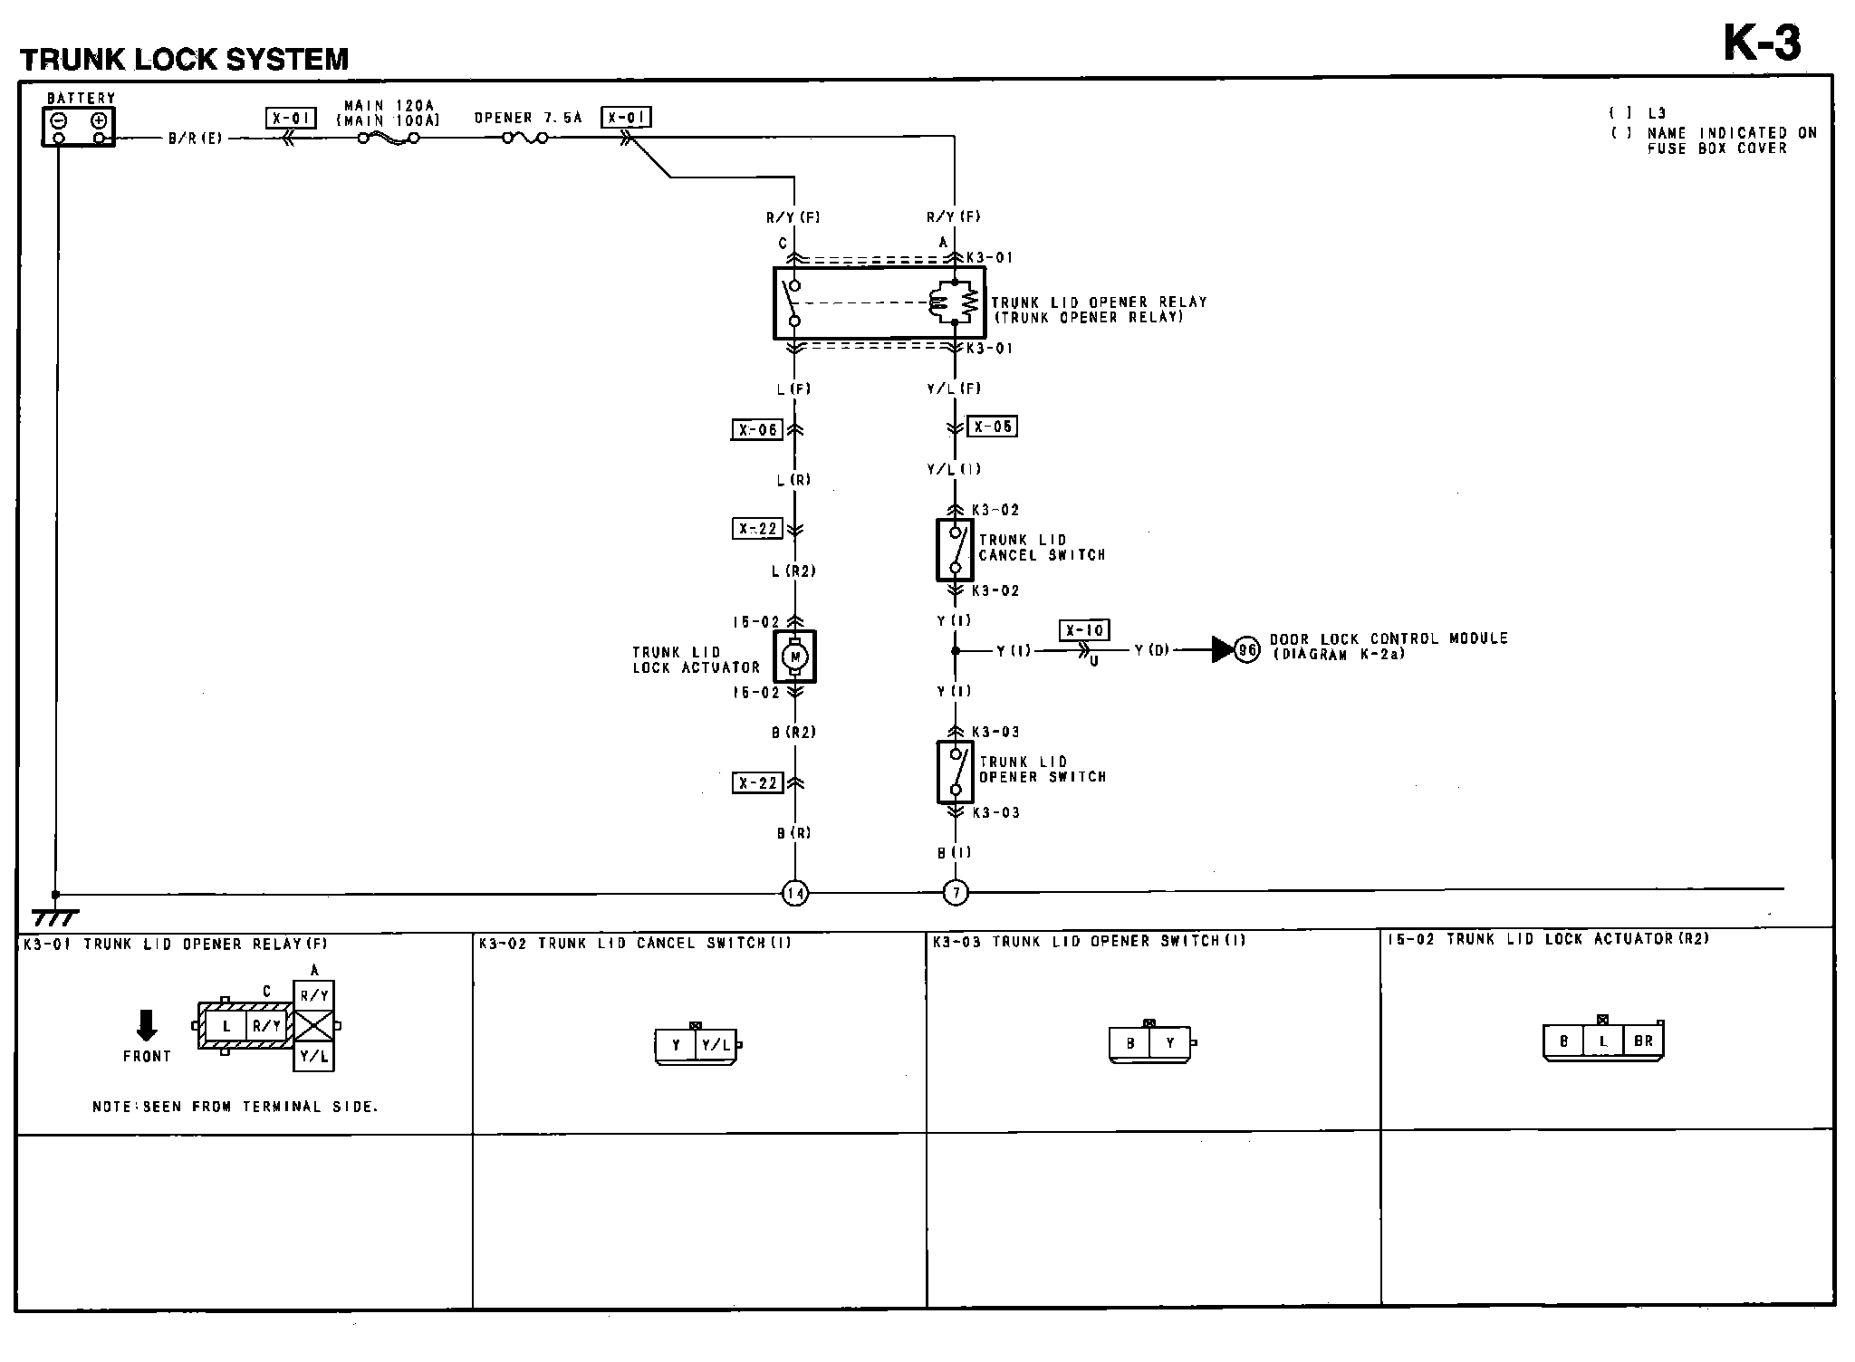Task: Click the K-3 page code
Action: tap(1761, 43)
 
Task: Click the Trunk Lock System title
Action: tap(184, 60)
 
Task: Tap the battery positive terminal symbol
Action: tap(100, 120)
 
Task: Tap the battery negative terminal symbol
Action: tap(58, 120)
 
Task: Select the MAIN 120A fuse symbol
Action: tap(389, 139)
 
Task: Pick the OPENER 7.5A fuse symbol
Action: tap(524, 139)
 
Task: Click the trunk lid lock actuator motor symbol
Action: tap(795, 657)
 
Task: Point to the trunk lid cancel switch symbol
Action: tap(955, 550)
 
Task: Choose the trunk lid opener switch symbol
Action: tap(955, 772)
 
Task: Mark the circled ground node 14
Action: tap(795, 894)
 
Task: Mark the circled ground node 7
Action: tap(956, 894)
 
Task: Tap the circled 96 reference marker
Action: tap(1247, 649)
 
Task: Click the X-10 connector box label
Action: tap(1084, 631)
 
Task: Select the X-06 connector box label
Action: tap(756, 429)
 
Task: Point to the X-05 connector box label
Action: tap(992, 426)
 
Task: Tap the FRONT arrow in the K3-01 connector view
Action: tap(146, 1025)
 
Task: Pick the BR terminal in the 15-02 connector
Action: tap(1643, 1041)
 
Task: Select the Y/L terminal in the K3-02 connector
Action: tap(716, 1045)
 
